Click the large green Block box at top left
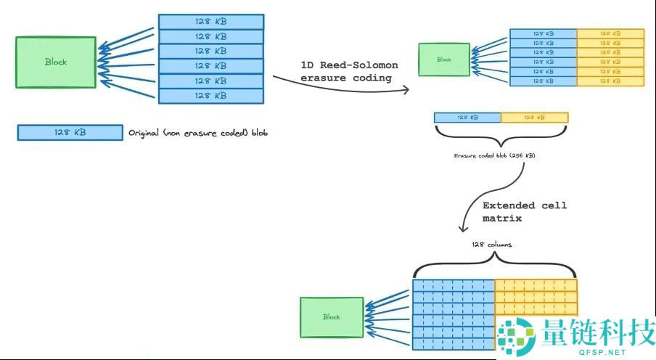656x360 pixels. click(x=56, y=62)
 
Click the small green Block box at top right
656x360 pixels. click(x=443, y=60)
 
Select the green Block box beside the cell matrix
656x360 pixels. click(x=332, y=317)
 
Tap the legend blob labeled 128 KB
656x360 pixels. click(x=70, y=133)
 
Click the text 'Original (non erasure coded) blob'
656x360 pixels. click(x=198, y=133)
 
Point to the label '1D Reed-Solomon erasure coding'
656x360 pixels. click(x=349, y=71)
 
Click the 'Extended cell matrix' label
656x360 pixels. click(x=524, y=211)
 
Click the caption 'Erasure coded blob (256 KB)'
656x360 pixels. click(x=495, y=156)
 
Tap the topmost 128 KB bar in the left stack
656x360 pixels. click(x=210, y=21)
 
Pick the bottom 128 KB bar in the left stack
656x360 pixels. click(x=210, y=96)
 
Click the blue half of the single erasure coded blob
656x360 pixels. click(x=467, y=117)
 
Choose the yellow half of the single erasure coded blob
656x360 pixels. click(x=535, y=117)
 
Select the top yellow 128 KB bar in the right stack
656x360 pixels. click(x=610, y=33)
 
